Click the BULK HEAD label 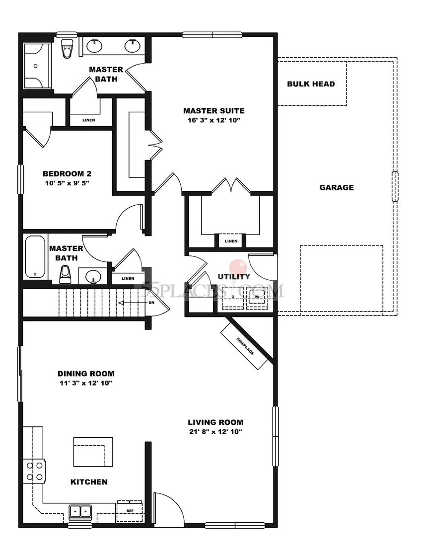311,84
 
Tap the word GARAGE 337,187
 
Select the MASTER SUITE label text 213,111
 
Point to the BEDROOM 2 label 67,174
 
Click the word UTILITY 234,276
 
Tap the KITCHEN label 89,481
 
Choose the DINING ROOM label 86,374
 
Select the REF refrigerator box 130,510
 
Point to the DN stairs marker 151,302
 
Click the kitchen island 93,452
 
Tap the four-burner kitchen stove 34,471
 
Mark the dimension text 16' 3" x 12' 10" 213,121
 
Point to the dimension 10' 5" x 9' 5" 67,183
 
